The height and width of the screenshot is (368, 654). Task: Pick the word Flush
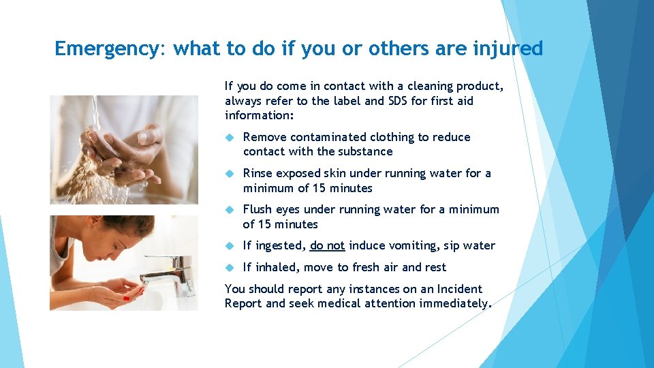click(257, 209)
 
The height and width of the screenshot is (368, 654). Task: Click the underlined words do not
click(327, 245)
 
